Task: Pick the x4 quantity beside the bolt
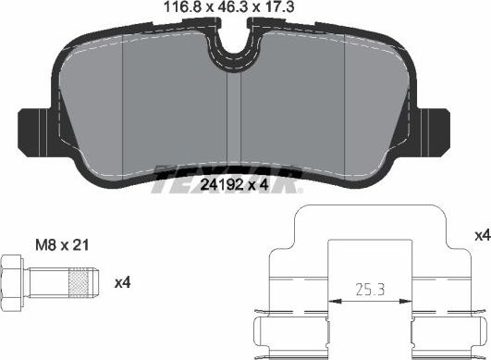tap(120, 279)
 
